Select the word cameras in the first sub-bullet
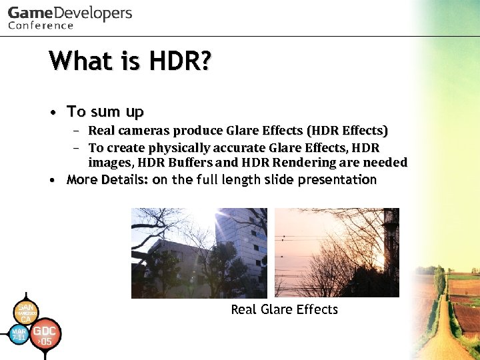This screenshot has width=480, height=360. tap(144, 131)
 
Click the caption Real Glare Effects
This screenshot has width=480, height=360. tap(284, 309)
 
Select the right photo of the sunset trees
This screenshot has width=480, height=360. tap(337, 253)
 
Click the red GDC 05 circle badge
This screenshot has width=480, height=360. tap(45, 336)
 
